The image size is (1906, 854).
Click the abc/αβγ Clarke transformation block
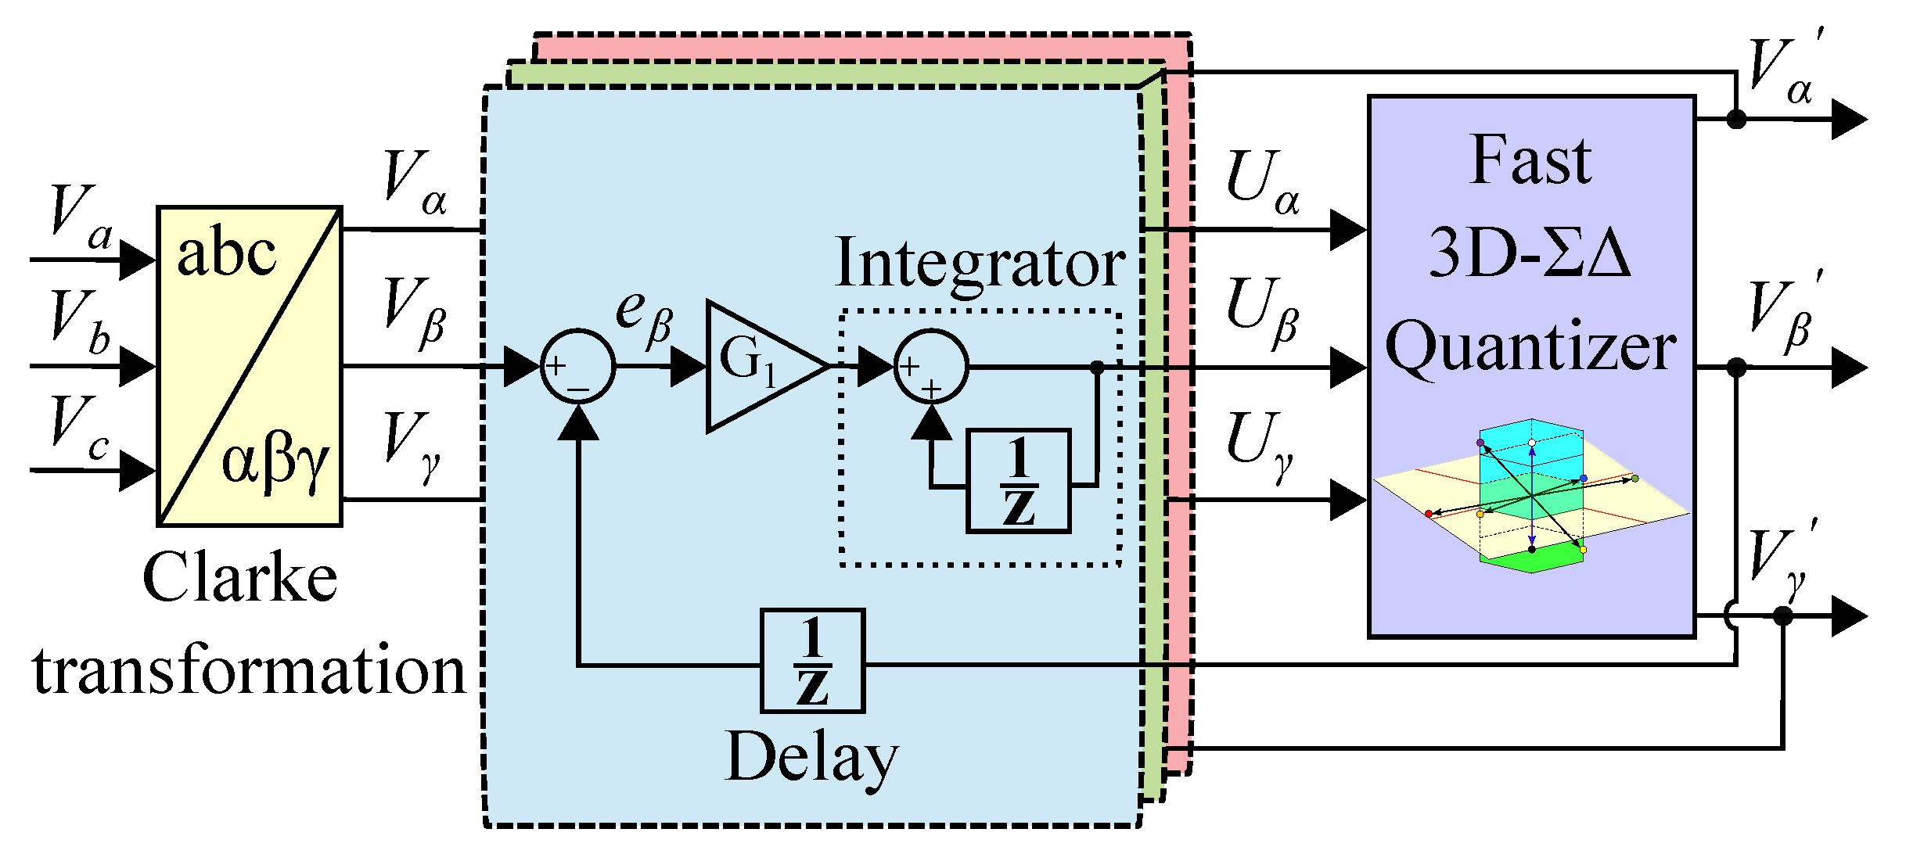249,366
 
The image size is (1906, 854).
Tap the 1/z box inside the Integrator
1018,481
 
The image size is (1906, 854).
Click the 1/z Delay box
812,661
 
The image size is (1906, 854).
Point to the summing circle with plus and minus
577,366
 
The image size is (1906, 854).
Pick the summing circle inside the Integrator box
930,366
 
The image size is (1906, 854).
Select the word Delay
811,757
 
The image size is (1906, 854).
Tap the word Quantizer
1530,348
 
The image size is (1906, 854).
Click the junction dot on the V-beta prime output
1736,367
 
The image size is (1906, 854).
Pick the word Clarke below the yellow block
239,579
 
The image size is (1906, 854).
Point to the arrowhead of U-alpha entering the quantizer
1347,230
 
